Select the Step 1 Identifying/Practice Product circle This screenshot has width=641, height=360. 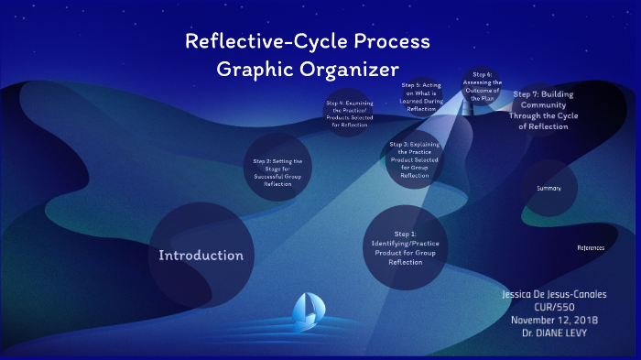click(406, 247)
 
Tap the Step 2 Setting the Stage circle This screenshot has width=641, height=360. click(277, 171)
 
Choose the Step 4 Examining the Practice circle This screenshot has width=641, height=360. click(348, 113)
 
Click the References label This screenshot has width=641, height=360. click(591, 248)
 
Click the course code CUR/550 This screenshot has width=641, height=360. click(554, 309)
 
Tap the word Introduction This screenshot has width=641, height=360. click(201, 256)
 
